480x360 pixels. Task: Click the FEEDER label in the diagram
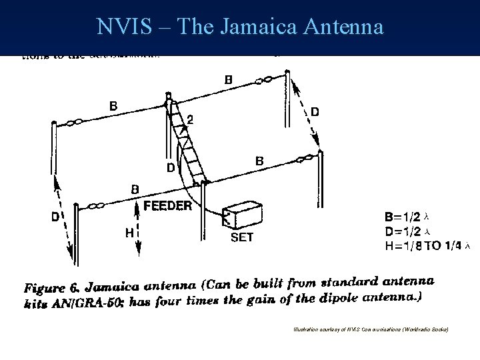pos(168,206)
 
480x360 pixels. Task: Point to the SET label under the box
pos(241,237)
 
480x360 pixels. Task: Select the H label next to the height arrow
pos(129,233)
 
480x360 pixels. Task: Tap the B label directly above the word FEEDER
pos(135,189)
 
